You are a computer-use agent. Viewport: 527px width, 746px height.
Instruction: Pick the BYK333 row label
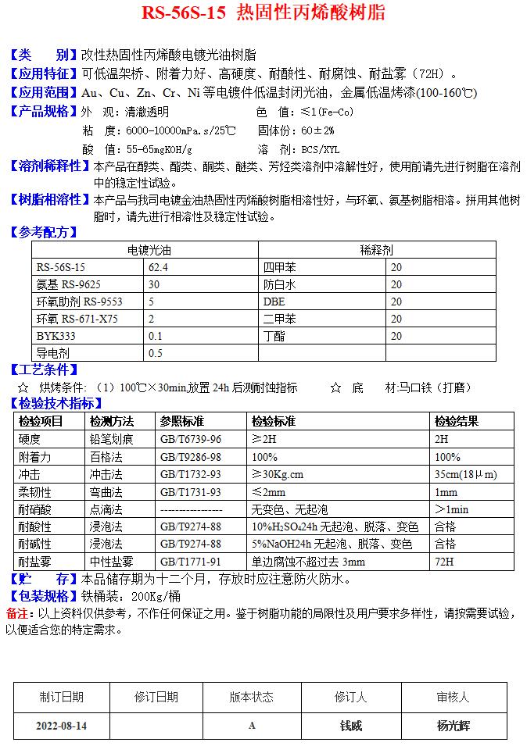53,336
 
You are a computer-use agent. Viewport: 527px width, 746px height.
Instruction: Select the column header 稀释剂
376,250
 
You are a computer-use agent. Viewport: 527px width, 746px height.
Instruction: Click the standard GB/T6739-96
191,439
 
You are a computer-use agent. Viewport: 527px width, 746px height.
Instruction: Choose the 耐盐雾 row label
34,562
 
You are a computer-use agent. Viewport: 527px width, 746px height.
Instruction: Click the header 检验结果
456,421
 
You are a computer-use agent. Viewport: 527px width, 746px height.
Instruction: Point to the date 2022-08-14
61,726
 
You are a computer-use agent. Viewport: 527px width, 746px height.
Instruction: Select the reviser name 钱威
351,726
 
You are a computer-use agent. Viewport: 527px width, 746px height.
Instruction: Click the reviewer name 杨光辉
454,726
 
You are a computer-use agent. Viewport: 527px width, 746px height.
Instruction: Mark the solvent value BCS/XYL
321,148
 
